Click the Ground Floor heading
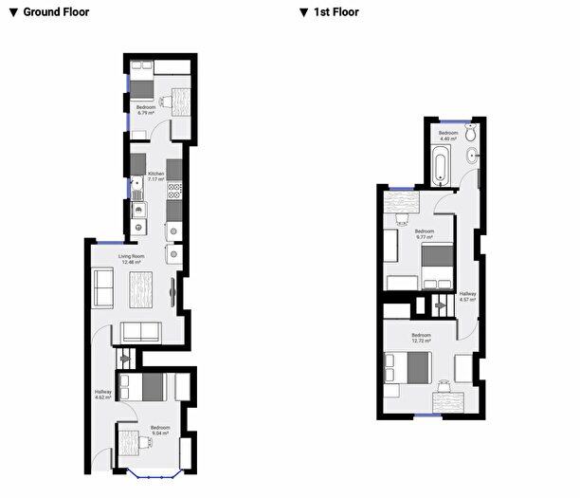click(x=53, y=12)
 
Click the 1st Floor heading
click(x=334, y=12)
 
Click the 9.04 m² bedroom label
click(x=159, y=430)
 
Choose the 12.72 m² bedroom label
click(x=422, y=338)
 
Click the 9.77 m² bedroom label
click(x=425, y=233)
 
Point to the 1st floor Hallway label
click(x=467, y=297)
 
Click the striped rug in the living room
click(x=141, y=288)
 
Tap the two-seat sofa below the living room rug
click(x=141, y=332)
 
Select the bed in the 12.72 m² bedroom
click(x=408, y=366)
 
